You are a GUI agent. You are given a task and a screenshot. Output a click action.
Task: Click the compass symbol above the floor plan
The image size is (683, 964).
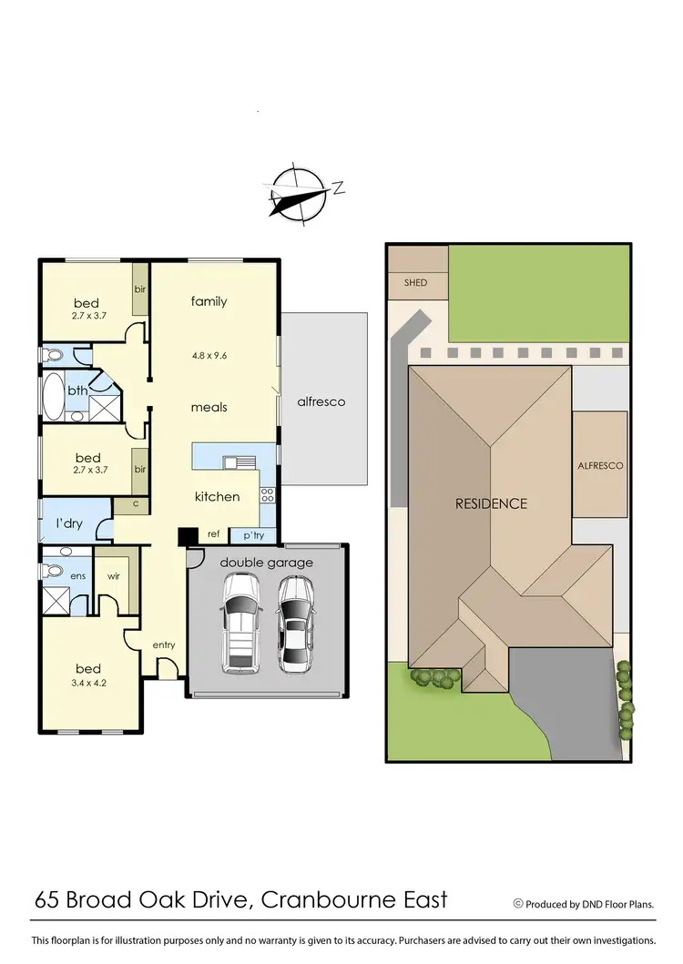[298, 194]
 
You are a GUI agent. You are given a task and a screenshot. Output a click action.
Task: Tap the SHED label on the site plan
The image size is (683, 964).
[415, 283]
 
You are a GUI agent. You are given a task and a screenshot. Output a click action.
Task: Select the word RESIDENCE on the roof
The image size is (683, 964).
[492, 503]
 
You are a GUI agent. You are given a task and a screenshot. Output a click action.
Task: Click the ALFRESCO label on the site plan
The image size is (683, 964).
[600, 465]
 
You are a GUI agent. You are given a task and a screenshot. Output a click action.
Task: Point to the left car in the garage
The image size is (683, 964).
[240, 629]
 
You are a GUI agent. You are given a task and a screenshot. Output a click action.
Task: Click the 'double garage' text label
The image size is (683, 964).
[265, 563]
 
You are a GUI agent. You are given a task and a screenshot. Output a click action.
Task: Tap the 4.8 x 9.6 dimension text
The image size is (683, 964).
[209, 356]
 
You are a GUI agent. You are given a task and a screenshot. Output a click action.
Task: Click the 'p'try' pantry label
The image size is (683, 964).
[252, 535]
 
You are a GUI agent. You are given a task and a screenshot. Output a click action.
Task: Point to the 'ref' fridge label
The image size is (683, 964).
[213, 535]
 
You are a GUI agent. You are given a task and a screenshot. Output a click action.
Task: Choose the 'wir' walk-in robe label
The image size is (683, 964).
[113, 576]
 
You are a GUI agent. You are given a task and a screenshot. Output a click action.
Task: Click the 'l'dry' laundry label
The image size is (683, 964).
[70, 524]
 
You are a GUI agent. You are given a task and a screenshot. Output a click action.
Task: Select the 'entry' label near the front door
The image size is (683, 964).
[164, 645]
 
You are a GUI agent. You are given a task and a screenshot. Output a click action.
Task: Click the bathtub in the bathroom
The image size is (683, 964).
[52, 395]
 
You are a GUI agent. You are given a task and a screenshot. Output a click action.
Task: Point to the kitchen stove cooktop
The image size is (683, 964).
[268, 495]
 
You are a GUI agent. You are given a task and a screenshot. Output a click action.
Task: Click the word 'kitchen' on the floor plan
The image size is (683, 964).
[218, 496]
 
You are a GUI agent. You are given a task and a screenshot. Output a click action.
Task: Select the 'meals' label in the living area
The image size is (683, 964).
[209, 407]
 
